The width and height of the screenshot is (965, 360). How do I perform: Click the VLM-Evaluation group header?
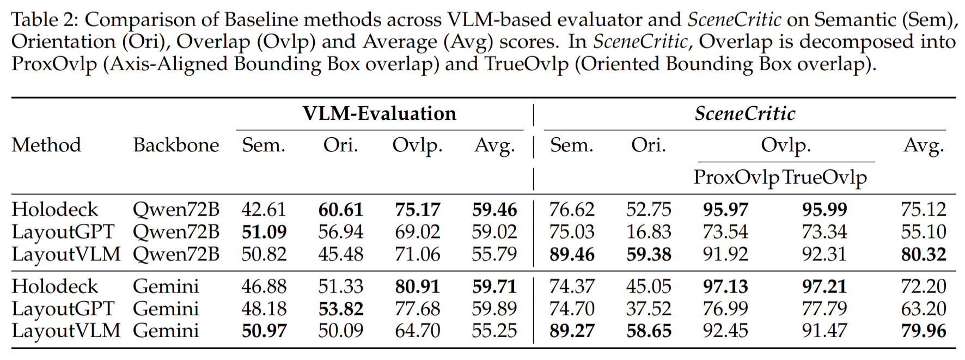click(379, 113)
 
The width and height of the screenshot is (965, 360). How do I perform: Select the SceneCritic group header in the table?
click(744, 113)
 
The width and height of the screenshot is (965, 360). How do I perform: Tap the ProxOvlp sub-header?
click(736, 177)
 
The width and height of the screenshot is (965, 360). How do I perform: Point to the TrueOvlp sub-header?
click(824, 177)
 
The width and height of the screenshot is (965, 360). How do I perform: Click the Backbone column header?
click(176, 145)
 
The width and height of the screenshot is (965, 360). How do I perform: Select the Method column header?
click(46, 145)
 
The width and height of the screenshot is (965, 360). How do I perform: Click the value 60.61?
click(340, 210)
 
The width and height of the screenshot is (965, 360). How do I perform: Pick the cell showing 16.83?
click(648, 232)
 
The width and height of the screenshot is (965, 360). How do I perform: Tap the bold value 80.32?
click(923, 254)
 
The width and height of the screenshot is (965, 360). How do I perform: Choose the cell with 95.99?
click(824, 210)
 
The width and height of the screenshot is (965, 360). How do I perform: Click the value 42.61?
click(264, 210)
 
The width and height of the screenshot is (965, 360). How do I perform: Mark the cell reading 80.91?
click(417, 286)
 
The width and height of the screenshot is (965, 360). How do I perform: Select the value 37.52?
click(648, 309)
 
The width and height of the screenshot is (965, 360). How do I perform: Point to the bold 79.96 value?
click(923, 331)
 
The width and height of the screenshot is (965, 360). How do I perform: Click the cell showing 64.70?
click(417, 331)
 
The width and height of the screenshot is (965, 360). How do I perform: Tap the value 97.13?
click(725, 286)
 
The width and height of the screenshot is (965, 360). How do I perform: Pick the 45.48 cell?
click(340, 254)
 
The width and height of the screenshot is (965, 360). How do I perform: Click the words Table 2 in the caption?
click(44, 20)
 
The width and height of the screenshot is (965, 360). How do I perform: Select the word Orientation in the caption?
click(63, 42)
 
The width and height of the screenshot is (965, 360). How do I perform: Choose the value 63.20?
click(923, 309)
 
